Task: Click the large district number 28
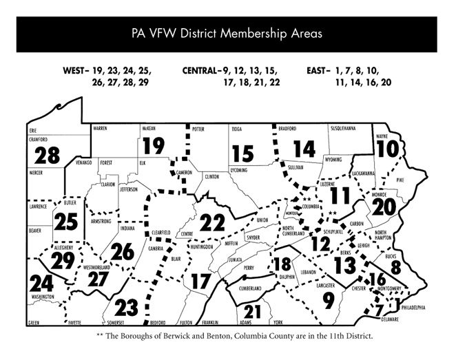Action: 43,154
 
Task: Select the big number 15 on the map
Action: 243,153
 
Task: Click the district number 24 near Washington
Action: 41,282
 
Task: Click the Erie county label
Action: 32,129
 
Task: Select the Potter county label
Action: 199,128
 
